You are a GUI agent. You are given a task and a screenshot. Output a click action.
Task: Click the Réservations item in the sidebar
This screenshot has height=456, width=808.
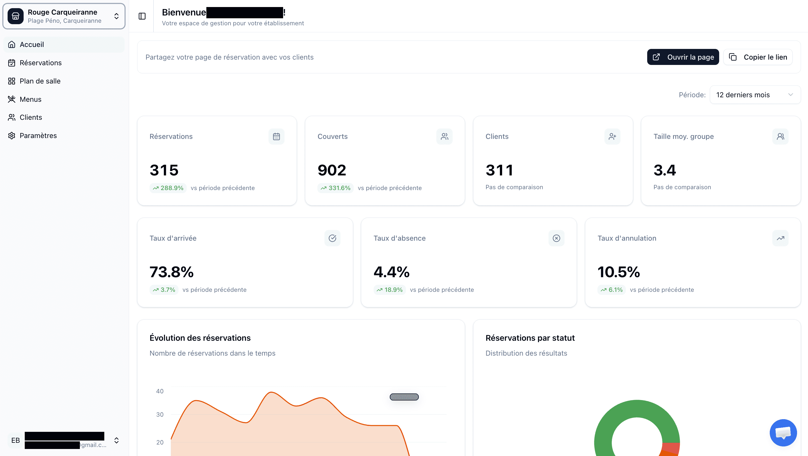click(40, 63)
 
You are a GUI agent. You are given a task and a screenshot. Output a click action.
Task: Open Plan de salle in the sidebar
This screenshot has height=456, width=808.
click(40, 81)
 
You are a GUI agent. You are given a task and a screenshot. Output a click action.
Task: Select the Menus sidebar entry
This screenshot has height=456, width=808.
click(30, 99)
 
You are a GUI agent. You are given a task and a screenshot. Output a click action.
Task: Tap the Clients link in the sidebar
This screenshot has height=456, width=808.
click(31, 117)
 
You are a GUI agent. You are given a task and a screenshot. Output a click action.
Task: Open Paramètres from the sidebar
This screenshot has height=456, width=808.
click(38, 136)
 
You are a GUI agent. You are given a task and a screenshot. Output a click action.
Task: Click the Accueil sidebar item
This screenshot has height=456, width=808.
click(32, 44)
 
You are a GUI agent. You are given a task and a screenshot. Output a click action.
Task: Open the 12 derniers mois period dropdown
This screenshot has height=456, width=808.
click(755, 95)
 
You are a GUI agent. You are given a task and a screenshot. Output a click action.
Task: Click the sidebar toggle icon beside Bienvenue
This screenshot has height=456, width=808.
click(142, 16)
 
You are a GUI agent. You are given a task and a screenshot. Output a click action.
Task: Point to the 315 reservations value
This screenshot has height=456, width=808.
click(164, 170)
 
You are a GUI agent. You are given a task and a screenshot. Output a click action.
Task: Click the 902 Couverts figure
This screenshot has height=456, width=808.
click(332, 170)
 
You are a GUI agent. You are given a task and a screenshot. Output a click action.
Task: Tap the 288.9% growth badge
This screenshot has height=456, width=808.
click(168, 188)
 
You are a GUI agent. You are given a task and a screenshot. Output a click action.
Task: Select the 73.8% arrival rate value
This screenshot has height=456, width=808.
click(171, 272)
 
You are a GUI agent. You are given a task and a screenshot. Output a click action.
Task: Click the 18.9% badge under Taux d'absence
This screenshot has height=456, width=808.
click(390, 290)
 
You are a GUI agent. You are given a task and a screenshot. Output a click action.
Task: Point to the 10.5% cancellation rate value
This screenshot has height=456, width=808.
click(619, 272)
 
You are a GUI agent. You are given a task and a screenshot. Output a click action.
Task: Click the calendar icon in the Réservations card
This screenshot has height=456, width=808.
click(276, 136)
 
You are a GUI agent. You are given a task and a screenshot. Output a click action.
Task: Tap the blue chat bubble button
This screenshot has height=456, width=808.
click(783, 432)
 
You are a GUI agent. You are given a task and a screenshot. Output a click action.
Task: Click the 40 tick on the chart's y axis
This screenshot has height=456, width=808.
click(160, 391)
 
